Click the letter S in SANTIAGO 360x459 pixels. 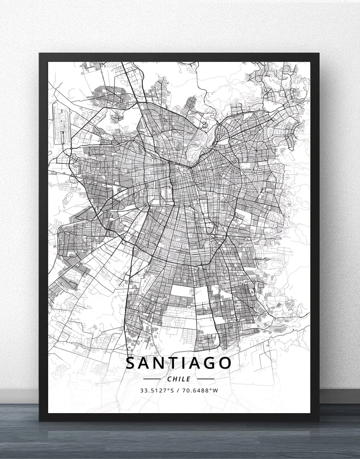pos(132,363)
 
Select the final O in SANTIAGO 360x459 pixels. pos(224,363)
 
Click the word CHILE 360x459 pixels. pos(179,379)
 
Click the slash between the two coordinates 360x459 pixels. pos(179,391)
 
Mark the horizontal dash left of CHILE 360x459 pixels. pos(152,379)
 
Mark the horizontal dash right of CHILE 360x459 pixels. pos(206,379)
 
